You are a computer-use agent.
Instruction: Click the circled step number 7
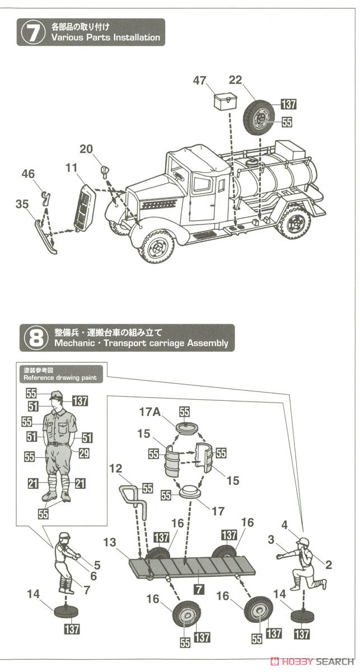31,32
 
